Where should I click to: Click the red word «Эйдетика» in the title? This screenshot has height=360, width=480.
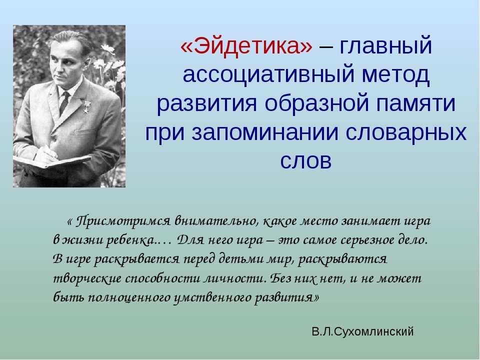point(246,46)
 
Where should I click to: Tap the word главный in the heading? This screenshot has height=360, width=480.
point(385,45)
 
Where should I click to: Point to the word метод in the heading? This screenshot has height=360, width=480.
point(396,75)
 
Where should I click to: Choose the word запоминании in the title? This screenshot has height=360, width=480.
point(265,132)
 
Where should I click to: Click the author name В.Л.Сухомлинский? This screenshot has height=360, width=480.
point(363,331)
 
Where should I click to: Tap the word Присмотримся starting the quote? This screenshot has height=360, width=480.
point(123,221)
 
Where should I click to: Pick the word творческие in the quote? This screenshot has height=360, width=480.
point(87,278)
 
